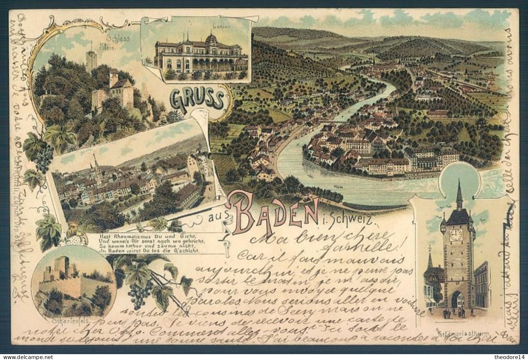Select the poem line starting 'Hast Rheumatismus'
(121, 235)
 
